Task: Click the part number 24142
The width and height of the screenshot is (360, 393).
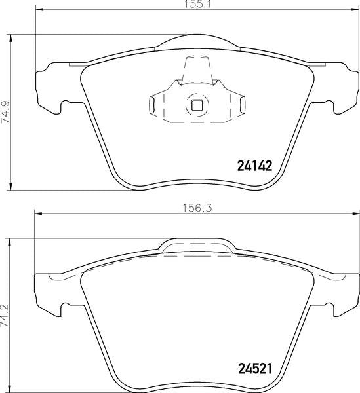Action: coord(254,166)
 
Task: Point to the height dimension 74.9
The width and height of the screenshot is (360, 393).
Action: coord(5,112)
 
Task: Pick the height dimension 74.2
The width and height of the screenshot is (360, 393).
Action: coord(5,315)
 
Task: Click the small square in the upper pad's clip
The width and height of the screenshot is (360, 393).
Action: coord(197,105)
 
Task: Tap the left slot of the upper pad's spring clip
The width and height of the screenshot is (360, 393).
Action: coord(151,105)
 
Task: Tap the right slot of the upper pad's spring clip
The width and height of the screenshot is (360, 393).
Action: coord(243,105)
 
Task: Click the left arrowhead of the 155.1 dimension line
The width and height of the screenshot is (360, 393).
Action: coord(40,10)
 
